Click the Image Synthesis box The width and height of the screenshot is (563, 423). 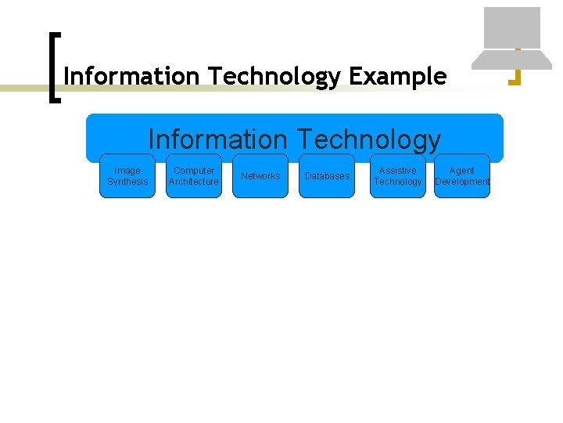tap(127, 176)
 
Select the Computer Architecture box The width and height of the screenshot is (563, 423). tap(194, 176)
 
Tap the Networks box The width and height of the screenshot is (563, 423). tap(260, 176)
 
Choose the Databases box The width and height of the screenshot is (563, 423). tap(327, 176)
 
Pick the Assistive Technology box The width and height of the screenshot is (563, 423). tap(397, 176)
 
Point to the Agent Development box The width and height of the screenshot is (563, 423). tap(461, 176)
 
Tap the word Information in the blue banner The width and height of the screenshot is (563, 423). tap(217, 139)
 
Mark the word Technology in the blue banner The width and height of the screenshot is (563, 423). tap(368, 139)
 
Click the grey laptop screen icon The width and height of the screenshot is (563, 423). tap(511, 27)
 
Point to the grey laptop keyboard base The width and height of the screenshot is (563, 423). tap(511, 60)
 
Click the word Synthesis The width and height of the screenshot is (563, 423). tap(127, 182)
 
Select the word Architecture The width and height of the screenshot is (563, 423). tap(194, 182)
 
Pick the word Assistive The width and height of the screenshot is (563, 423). tap(397, 171)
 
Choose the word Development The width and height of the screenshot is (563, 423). tap(461, 182)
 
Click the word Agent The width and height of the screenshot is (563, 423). tap(461, 171)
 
